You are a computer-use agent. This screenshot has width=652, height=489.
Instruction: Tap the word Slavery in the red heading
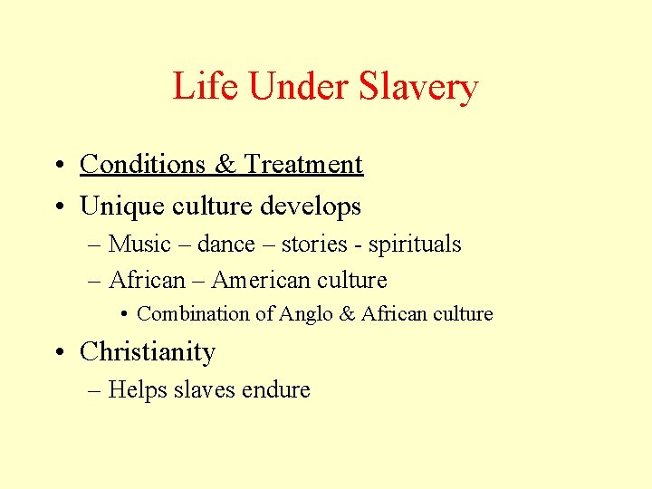click(418, 88)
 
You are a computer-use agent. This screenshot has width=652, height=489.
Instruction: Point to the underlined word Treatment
click(303, 164)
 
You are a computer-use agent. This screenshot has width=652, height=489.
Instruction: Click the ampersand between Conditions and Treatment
click(225, 164)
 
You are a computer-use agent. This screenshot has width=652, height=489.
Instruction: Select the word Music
click(139, 244)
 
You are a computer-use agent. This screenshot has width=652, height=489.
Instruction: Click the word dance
click(226, 244)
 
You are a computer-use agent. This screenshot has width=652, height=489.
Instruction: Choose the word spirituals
click(414, 244)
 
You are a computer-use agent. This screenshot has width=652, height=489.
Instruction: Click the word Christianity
click(148, 352)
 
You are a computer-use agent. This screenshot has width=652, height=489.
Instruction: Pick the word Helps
click(135, 390)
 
